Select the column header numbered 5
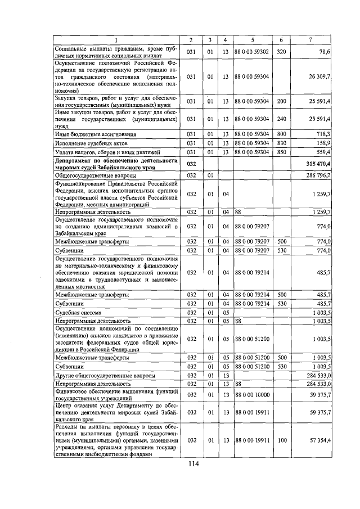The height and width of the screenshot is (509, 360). (x=251, y=39)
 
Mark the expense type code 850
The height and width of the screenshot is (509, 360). (x=281, y=152)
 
